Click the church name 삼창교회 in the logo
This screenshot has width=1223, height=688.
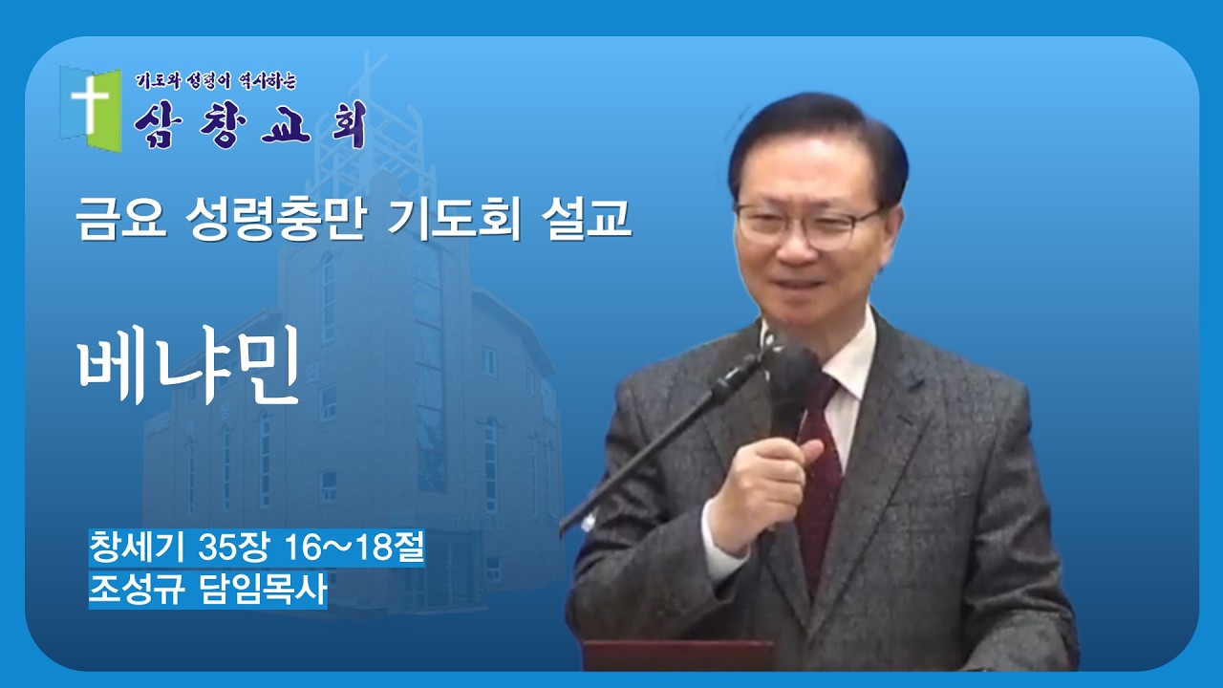(x=250, y=123)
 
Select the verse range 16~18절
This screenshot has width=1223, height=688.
(x=354, y=548)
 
